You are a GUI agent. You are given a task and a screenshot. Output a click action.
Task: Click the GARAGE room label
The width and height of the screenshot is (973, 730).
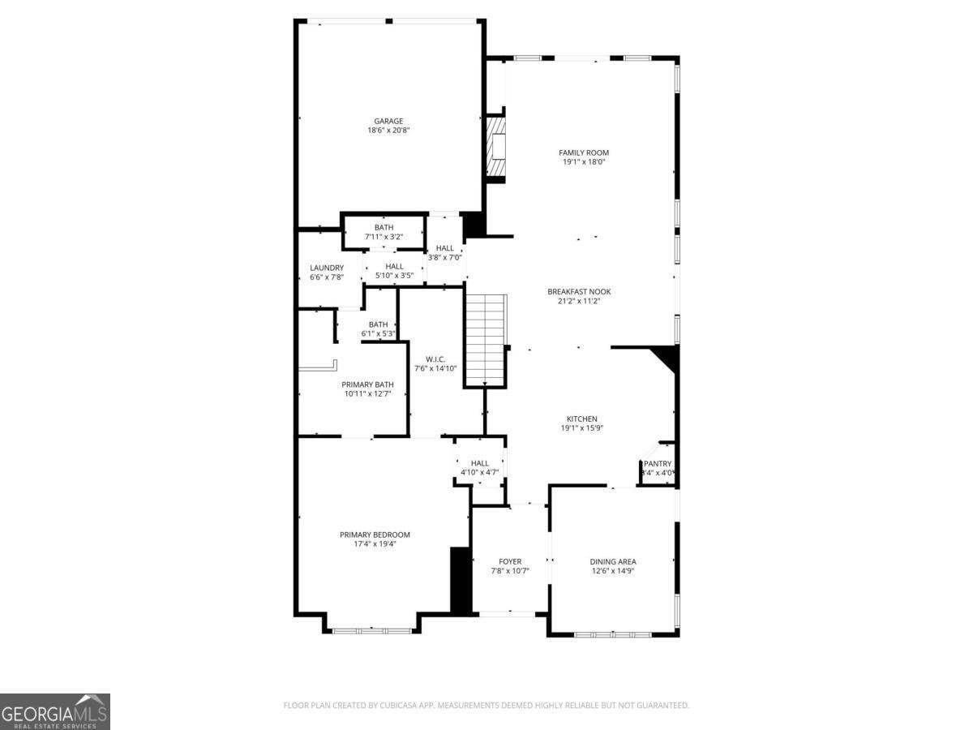pos(388,122)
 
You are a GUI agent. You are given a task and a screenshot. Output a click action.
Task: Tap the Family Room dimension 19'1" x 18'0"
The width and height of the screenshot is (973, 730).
pos(584,162)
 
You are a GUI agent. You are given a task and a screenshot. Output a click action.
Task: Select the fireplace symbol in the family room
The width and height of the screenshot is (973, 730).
pos(496,147)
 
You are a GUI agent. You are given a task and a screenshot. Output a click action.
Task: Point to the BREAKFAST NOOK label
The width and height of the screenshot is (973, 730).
pos(579,292)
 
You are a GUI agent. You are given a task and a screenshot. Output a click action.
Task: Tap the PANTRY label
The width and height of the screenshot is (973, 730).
pos(658,464)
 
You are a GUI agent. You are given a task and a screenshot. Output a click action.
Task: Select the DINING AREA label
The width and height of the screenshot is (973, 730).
pos(612,561)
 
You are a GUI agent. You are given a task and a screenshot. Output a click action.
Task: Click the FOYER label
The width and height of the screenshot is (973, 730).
pos(510,561)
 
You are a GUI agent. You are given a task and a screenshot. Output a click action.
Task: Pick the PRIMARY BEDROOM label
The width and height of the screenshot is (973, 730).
pos(375,535)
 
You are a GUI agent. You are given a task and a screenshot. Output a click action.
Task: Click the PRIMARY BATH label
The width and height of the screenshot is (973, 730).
pos(367,384)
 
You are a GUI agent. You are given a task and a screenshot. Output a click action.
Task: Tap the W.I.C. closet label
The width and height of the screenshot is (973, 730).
pos(436,359)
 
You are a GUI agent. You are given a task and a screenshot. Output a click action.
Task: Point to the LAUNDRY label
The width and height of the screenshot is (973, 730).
pos(327,268)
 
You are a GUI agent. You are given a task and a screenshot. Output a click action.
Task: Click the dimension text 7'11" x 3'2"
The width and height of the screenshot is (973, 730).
pos(384,237)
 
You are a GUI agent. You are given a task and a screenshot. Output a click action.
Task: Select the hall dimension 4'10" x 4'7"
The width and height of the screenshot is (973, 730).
pos(480,472)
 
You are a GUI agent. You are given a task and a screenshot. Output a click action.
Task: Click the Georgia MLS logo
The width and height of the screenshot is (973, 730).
pos(54,711)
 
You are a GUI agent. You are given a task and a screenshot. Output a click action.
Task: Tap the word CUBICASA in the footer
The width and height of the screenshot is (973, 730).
pos(395,706)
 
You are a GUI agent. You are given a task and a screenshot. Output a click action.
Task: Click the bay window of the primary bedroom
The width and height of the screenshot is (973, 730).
pos(372,629)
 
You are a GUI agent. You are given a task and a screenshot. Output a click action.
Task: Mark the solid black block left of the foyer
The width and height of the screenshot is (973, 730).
pos(461,579)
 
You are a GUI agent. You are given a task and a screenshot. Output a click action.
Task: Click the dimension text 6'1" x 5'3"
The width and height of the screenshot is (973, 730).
pos(378,333)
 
